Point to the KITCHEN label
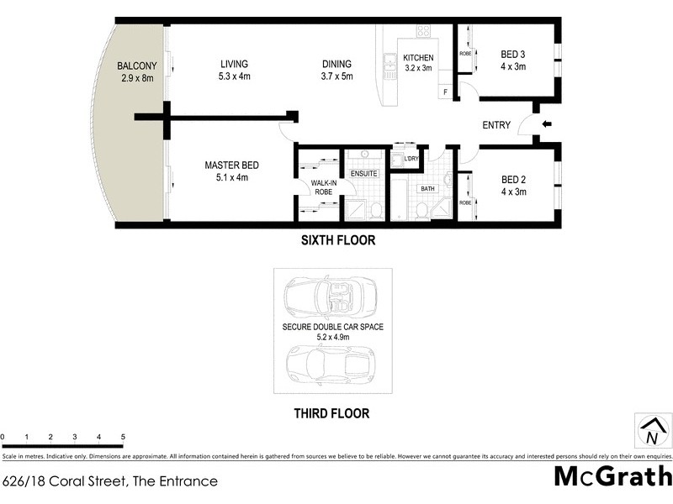pyautogui.click(x=418, y=63)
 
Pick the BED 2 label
pyautogui.click(x=513, y=186)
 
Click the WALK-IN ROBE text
pyautogui.click(x=325, y=186)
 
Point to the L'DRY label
pyautogui.click(x=411, y=159)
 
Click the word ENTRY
pyautogui.click(x=496, y=125)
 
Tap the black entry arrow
pyautogui.click(x=547, y=124)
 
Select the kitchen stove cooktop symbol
pyautogui.click(x=422, y=33)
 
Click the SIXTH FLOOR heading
pyautogui.click(x=338, y=240)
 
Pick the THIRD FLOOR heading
pyautogui.click(x=331, y=413)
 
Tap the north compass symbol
pyautogui.click(x=651, y=432)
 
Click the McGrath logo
pyautogui.click(x=612, y=475)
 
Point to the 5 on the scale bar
pyautogui.click(x=124, y=438)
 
